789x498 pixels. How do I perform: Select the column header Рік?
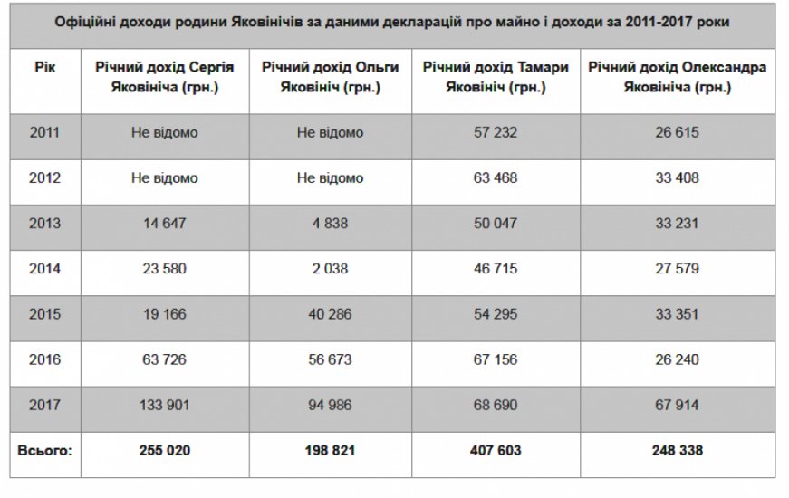click(x=44, y=70)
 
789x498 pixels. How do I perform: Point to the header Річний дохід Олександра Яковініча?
click(x=678, y=79)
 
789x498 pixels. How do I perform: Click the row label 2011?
click(x=44, y=133)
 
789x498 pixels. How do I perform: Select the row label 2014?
click(x=44, y=269)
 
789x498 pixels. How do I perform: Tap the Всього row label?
click(x=44, y=450)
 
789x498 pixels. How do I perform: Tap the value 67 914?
click(x=678, y=405)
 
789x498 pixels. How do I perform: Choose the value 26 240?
click(x=678, y=359)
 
